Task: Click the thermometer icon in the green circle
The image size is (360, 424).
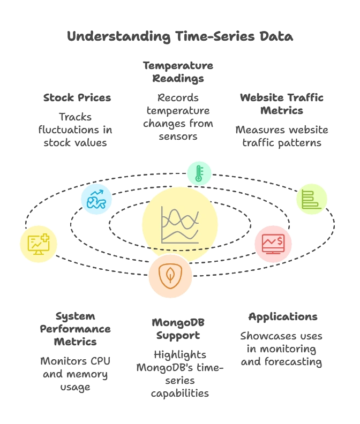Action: click(x=199, y=173)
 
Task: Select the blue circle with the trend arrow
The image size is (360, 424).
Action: click(x=96, y=199)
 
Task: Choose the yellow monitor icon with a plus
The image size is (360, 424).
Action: click(x=39, y=244)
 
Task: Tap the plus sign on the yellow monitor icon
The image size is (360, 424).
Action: click(x=44, y=238)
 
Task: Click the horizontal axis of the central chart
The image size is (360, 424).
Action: click(x=180, y=243)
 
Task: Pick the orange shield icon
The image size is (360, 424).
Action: click(x=170, y=276)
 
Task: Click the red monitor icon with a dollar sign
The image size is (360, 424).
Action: click(x=273, y=244)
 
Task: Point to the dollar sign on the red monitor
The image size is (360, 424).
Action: click(x=280, y=238)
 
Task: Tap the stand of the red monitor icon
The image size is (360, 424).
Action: click(x=273, y=253)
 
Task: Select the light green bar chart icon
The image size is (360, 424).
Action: click(x=312, y=199)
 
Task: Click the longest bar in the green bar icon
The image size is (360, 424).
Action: click(x=312, y=206)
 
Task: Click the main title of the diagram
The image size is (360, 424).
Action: click(x=180, y=36)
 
